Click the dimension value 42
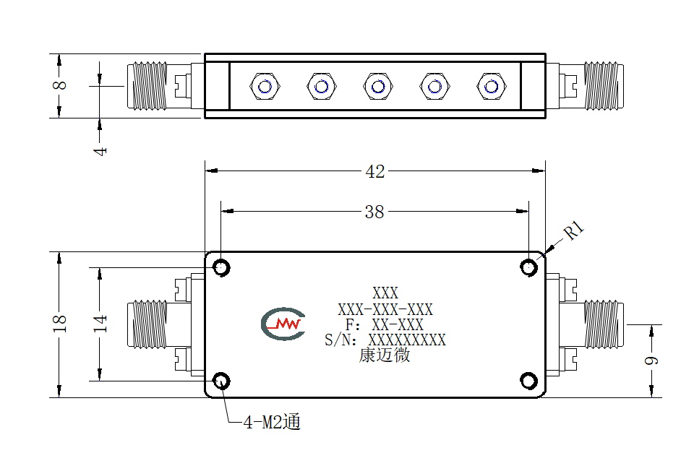375,171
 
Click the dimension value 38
374,212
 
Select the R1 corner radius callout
574,230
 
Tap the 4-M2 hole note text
272,422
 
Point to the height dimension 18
60,323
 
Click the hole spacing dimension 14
100,323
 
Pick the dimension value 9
651,361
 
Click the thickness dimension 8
60,85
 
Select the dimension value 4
100,151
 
